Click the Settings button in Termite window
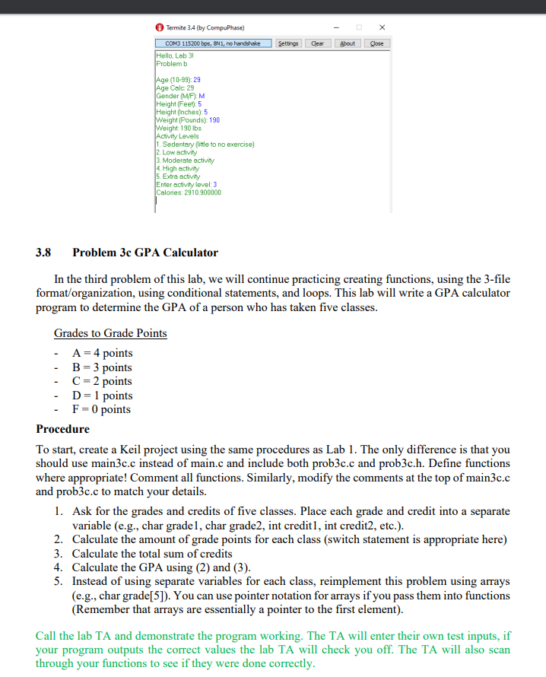tap(287, 43)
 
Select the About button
tap(348, 43)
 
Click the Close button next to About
tap(376, 43)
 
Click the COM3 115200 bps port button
tap(212, 43)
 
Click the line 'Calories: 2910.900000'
tap(189, 192)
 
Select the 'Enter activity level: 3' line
tap(186, 184)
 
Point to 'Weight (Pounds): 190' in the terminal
tap(187, 120)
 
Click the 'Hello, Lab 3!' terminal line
tap(175, 56)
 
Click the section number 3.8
tap(44, 253)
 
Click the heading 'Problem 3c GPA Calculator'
tap(144, 253)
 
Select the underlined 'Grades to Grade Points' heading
tap(110, 333)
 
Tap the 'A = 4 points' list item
tap(102, 353)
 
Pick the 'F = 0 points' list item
tap(101, 409)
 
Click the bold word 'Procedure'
tap(63, 429)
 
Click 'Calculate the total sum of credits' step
tap(152, 553)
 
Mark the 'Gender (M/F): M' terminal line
tap(180, 96)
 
